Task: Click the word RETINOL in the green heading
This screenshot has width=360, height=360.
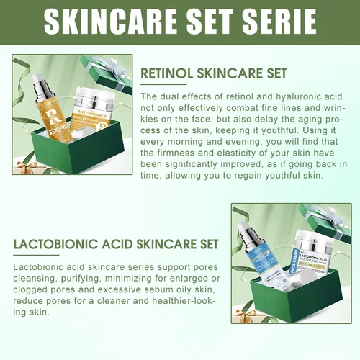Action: (x=167, y=74)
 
